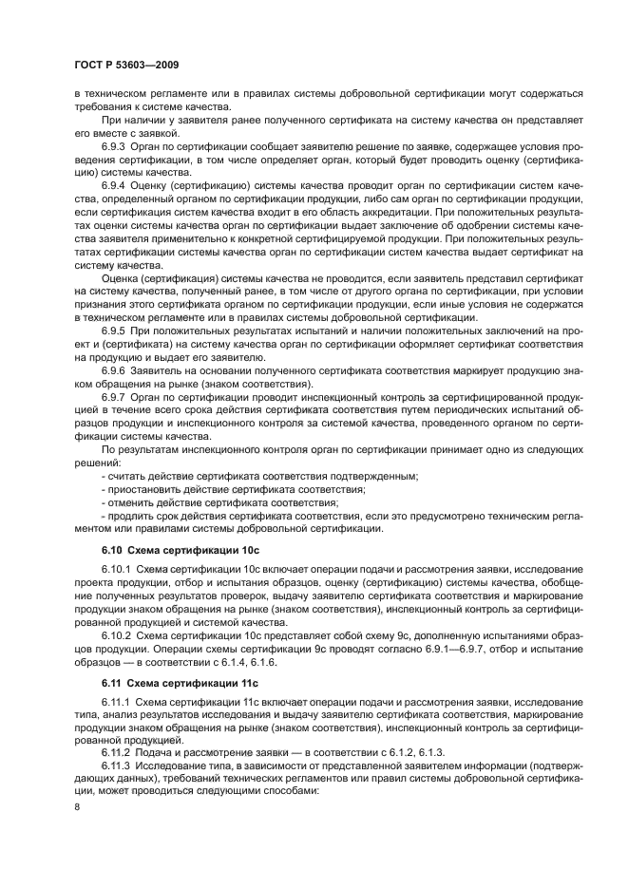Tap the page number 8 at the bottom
tap(80, 806)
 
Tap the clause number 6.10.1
tap(119, 570)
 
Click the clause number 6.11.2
tap(119, 751)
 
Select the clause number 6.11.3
tap(119, 765)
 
